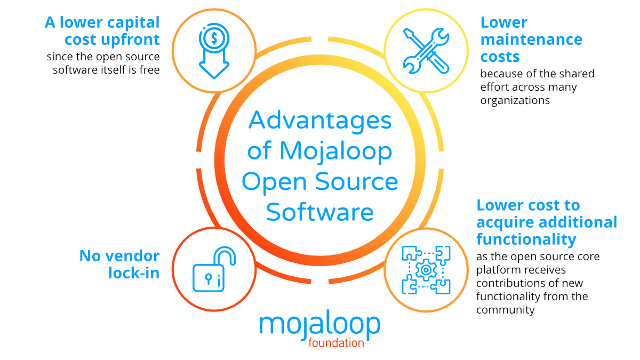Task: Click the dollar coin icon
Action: (x=213, y=38)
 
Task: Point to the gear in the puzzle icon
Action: (x=426, y=270)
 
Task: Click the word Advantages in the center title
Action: (x=320, y=121)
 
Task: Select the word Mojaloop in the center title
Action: (x=336, y=151)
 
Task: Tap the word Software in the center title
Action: (x=320, y=212)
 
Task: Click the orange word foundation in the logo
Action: (x=336, y=342)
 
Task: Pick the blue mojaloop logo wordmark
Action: (x=320, y=325)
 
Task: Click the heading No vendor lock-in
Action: (x=119, y=264)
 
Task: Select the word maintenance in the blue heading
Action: (x=531, y=39)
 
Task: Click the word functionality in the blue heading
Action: (x=525, y=239)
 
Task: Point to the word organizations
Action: (x=515, y=100)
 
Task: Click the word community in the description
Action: (x=505, y=310)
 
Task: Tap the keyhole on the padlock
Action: (x=208, y=279)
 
